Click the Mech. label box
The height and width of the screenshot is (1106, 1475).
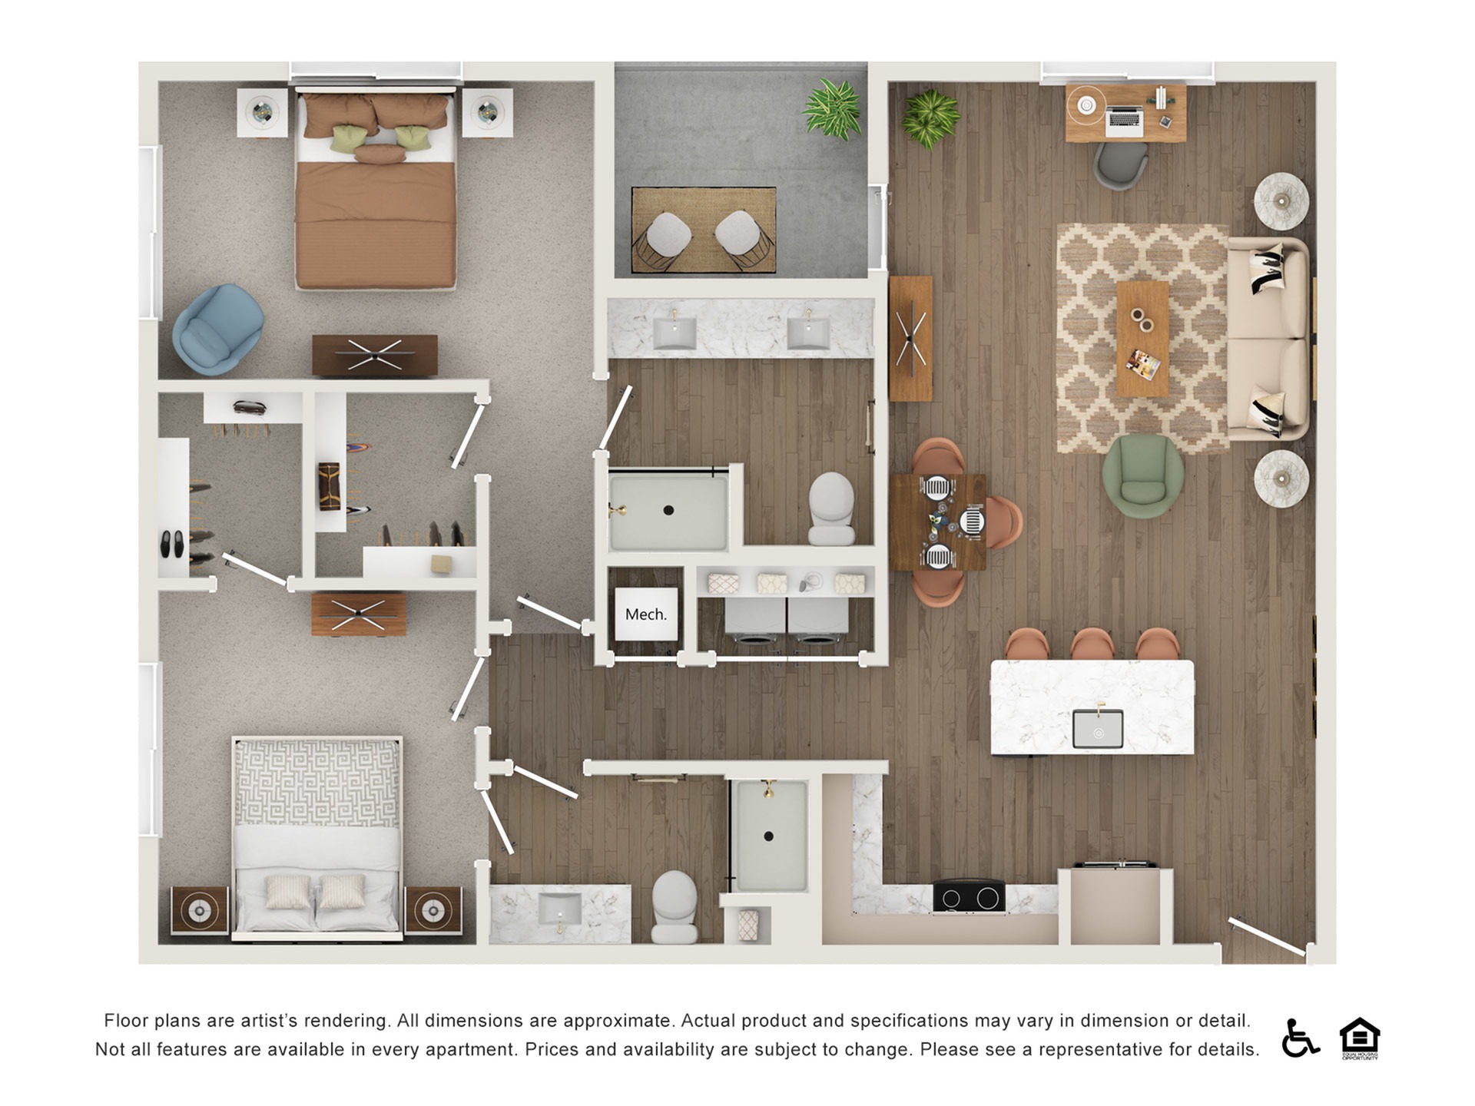pos(646,614)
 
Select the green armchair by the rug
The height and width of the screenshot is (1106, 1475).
pos(1142,475)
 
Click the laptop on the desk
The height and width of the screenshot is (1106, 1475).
pos(1124,119)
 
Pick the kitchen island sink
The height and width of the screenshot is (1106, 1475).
pos(1098,728)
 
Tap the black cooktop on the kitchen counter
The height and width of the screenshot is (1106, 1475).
pos(969,896)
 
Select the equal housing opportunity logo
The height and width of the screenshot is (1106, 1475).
pos(1360,1038)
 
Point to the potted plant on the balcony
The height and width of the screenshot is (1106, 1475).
pos(832,109)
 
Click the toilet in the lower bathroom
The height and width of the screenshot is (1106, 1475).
pos(675,906)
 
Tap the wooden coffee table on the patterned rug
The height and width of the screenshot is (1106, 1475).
pos(1142,339)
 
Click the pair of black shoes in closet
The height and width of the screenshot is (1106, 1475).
pos(172,544)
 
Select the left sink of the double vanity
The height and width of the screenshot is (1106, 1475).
pos(675,333)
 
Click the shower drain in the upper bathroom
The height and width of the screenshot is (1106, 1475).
pos(668,510)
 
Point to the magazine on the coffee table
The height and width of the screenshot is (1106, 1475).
pos(1143,365)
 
